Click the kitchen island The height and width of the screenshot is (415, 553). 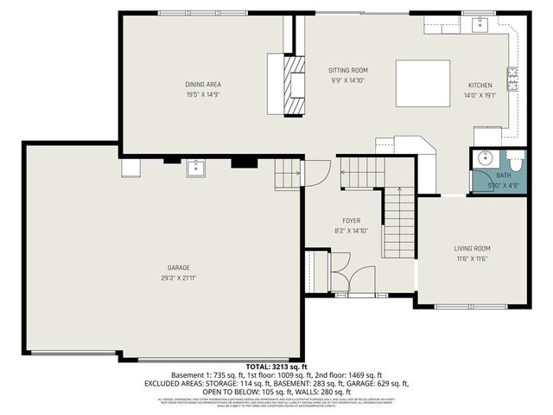pos(423,83)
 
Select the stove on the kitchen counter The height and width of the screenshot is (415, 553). pos(512,80)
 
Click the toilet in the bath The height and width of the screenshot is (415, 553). pos(514,160)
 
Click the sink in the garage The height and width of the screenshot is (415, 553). pos(196,167)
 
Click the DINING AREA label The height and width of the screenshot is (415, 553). pos(203,85)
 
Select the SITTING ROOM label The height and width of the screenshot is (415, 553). pos(348,70)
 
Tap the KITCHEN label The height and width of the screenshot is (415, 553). pos(480,86)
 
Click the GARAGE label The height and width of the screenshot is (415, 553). pos(179,268)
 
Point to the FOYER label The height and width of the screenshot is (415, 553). pos(351,221)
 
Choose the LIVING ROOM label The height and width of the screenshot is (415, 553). pos(473,249)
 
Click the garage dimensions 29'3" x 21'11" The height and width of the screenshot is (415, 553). pos(179,278)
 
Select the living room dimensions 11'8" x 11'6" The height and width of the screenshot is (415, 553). pos(473,259)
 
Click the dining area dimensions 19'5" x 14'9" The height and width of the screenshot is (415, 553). pos(203,94)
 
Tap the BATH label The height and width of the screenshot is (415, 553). pos(503,176)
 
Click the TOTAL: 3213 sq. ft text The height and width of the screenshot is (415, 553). pos(276,367)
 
